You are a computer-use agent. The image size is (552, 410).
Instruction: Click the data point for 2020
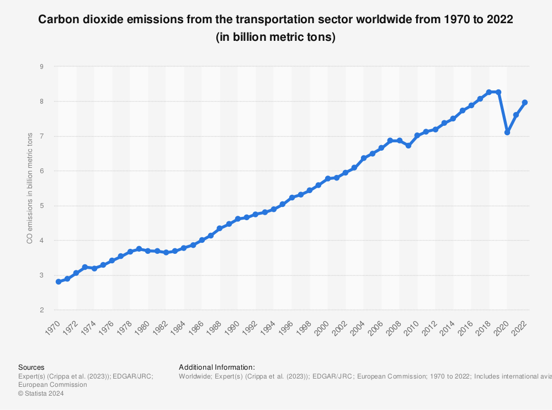507,132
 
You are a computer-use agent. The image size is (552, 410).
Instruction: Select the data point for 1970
58,281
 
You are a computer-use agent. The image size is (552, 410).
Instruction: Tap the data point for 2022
525,102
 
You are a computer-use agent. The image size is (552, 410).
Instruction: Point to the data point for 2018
489,92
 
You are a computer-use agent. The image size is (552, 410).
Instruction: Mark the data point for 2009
408,145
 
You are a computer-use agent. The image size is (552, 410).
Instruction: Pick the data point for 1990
238,219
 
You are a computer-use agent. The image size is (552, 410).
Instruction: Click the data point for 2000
328,178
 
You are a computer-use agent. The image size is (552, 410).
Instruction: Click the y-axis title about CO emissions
30,188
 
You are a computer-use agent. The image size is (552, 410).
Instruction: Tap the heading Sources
31,367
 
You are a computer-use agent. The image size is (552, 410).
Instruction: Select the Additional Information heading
217,367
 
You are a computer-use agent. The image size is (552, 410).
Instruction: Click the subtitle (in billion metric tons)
275,38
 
